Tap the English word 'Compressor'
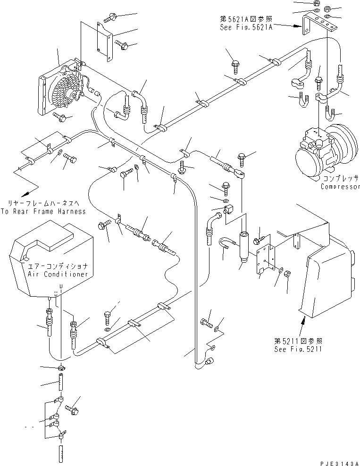[x=340, y=186]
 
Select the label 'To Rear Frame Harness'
[x=43, y=211]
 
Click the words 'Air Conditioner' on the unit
[x=53, y=274]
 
